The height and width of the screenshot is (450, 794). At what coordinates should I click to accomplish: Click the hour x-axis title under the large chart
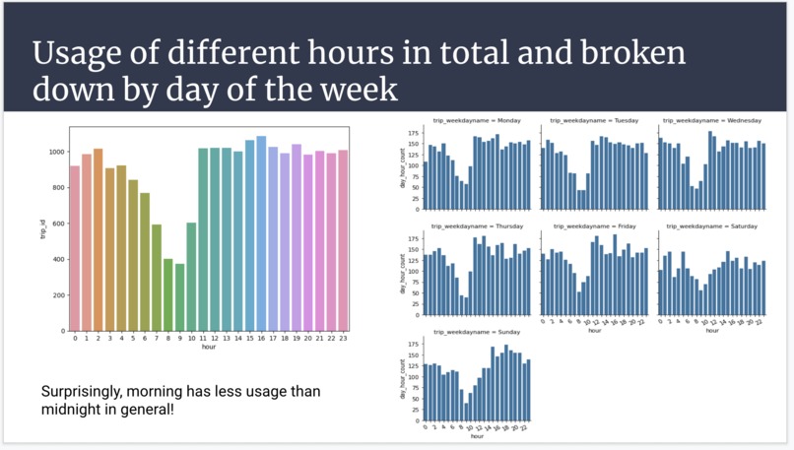pos(209,348)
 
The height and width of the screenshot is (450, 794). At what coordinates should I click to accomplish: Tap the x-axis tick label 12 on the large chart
pos(215,338)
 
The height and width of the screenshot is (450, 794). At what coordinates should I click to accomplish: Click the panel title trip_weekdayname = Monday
pos(476,120)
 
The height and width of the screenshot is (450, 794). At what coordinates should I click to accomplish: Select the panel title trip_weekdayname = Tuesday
pos(594,120)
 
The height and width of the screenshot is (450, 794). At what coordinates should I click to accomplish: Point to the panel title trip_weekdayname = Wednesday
pos(712,120)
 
